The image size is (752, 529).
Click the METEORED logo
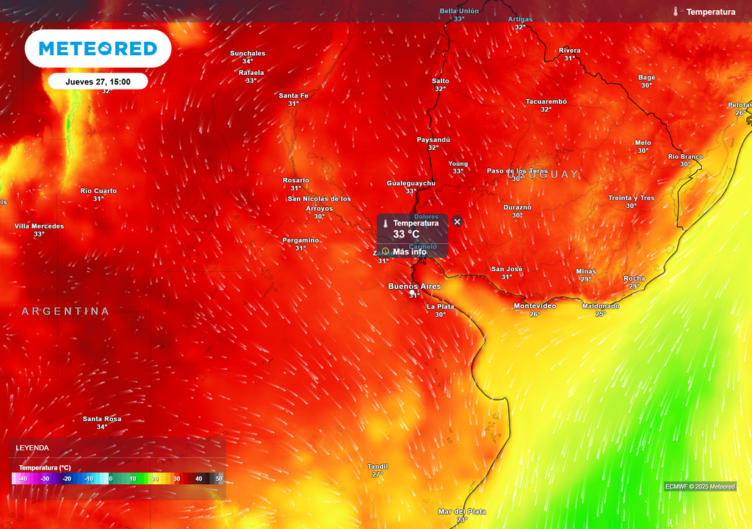click(x=98, y=48)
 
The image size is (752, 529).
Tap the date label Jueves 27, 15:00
click(x=98, y=82)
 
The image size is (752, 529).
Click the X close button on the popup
click(x=457, y=221)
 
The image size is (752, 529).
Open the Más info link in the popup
click(x=409, y=252)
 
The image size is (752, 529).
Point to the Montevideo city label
click(x=534, y=306)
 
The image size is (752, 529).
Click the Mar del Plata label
click(x=461, y=511)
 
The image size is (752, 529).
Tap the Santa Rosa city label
click(x=102, y=419)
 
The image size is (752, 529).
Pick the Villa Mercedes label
click(x=39, y=226)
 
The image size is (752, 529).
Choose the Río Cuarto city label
click(x=98, y=191)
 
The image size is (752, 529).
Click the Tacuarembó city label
click(x=546, y=101)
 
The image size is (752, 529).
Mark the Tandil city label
click(x=377, y=467)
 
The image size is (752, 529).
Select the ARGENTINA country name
click(x=65, y=312)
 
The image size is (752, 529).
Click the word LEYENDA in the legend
click(x=32, y=447)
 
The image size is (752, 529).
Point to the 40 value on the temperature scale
click(x=198, y=478)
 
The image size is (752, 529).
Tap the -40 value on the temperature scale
click(x=23, y=478)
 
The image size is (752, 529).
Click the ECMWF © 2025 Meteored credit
click(x=700, y=486)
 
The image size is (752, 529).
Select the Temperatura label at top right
click(x=710, y=12)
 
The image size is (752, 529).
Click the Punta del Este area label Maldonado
click(x=600, y=306)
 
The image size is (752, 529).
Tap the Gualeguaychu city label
click(x=411, y=183)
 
